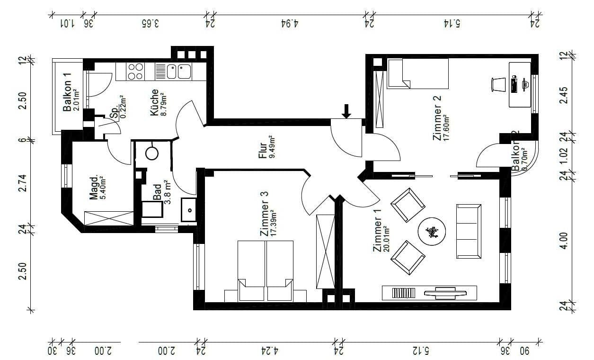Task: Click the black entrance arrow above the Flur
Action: (346, 111)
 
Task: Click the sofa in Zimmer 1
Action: (469, 231)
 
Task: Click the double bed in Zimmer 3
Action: (265, 270)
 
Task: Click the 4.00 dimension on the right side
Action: (562, 243)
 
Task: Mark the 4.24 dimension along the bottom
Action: (269, 351)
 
